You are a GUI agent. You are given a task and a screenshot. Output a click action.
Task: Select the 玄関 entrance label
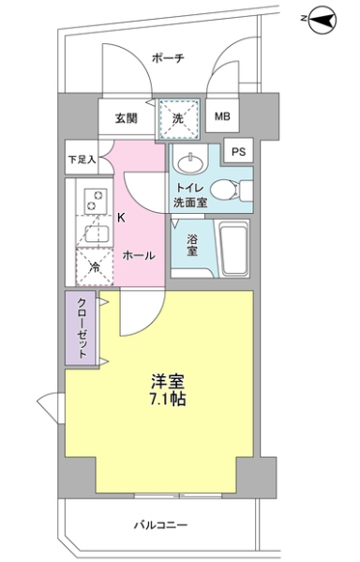coord(127,117)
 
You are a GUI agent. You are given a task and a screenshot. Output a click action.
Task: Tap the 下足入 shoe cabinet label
coord(81,160)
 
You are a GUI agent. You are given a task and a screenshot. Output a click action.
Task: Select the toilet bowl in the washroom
coord(228,190)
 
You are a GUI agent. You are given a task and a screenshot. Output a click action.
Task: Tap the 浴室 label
coord(192,245)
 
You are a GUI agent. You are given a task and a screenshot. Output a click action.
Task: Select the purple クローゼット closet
coord(81,329)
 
